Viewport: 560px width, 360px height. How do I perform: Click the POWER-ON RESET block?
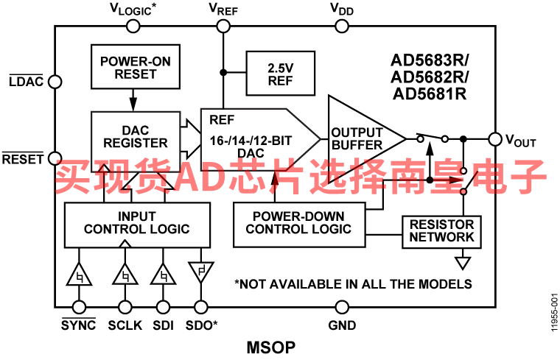tap(136, 67)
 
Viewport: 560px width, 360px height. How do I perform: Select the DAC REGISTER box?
tap(136, 141)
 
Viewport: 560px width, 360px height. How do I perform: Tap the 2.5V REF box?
tap(280, 74)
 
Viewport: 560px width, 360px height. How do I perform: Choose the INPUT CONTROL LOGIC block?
tap(137, 225)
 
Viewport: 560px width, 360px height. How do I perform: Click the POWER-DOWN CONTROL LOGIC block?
tap(299, 225)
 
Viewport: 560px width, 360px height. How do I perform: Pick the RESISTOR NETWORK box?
tap(441, 232)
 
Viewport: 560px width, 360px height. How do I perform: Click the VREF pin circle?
tap(223, 26)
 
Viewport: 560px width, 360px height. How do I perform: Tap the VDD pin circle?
tap(342, 26)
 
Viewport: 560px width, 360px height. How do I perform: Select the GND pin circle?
tap(342, 307)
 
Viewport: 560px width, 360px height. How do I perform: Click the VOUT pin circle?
tap(495, 139)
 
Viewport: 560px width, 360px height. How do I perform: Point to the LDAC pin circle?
tap(55, 82)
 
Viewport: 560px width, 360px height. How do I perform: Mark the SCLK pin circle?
tap(125, 307)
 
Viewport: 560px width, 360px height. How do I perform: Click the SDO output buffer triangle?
tap(200, 271)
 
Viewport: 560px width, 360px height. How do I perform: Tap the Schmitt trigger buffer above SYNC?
tap(79, 275)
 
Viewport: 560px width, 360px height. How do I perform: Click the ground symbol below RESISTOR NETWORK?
tap(463, 264)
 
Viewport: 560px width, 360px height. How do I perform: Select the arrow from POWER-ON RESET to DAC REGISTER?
tap(133, 100)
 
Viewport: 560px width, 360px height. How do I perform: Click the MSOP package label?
tap(271, 347)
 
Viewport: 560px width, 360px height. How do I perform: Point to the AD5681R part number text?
tap(430, 93)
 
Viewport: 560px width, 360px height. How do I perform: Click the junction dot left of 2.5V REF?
tap(223, 72)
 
